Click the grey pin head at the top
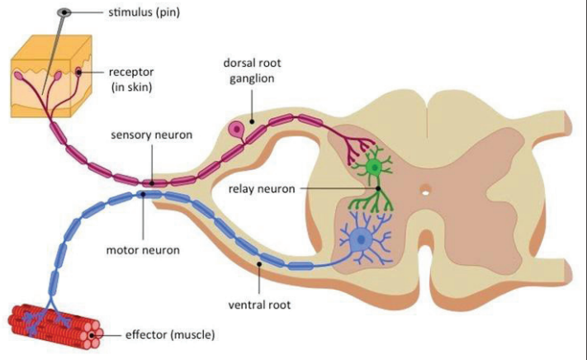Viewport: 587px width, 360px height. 64,12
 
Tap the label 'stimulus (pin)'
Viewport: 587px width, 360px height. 144,12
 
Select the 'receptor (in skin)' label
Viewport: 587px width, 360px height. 131,79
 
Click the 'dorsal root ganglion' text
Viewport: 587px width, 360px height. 252,70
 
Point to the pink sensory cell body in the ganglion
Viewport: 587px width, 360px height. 237,130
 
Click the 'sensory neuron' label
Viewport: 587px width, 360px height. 152,135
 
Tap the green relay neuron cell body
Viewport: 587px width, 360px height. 374,167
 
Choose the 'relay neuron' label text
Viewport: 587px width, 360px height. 262,188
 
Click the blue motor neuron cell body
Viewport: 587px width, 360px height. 360,239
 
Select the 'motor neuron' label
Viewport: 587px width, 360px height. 143,249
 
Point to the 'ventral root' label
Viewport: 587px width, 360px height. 259,305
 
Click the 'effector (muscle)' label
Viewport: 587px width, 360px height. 170,334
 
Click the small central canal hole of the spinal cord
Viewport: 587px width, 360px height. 425,193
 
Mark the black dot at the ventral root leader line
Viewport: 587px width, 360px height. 259,264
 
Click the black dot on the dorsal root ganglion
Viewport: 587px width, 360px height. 252,121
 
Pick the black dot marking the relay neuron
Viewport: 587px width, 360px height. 378,188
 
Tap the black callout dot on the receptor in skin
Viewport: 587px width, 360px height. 78,72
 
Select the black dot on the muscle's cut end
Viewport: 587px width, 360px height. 92,334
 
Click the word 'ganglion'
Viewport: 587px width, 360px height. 252,78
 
